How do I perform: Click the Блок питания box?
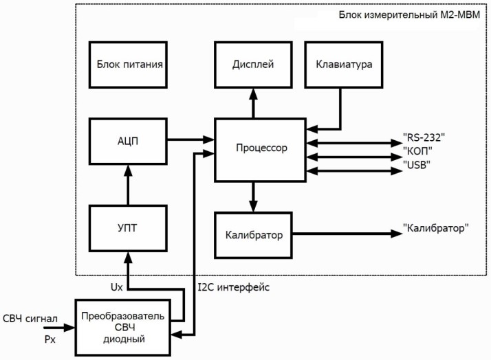(130, 65)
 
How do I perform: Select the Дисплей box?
(254, 65)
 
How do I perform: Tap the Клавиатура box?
(343, 65)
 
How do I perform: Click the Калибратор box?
(254, 235)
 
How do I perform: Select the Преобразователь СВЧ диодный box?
(122, 326)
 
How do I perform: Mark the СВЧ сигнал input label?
(30, 317)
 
